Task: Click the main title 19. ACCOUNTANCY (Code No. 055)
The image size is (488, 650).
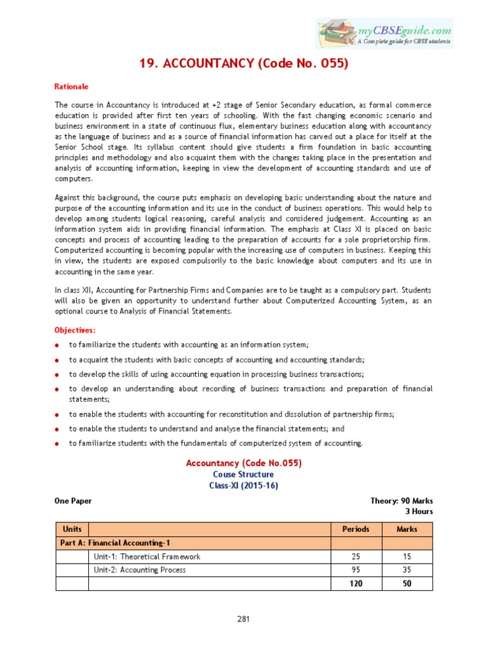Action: pyautogui.click(x=243, y=63)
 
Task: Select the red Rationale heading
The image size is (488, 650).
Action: pyautogui.click(x=71, y=86)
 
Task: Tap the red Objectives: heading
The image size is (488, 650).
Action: pyautogui.click(x=75, y=330)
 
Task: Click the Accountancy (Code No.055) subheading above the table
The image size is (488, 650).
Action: pyautogui.click(x=243, y=463)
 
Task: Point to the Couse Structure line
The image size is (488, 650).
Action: pyautogui.click(x=243, y=474)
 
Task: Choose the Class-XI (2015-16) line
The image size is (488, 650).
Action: pyautogui.click(x=243, y=486)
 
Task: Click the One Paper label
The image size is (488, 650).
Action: pyautogui.click(x=73, y=501)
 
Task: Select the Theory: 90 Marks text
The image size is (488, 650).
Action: pyautogui.click(x=402, y=501)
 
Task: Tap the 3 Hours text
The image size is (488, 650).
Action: pyautogui.click(x=419, y=511)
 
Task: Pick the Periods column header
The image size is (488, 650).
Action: pyautogui.click(x=355, y=529)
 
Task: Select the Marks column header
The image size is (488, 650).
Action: pyautogui.click(x=407, y=529)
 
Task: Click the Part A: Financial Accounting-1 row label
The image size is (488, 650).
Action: pyautogui.click(x=115, y=543)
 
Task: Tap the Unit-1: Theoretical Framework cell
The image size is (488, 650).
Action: pyautogui.click(x=147, y=557)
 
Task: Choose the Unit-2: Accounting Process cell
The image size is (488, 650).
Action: pyautogui.click(x=140, y=570)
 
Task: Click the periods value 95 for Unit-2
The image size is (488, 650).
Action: pyautogui.click(x=355, y=570)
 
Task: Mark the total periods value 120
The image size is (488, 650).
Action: pyautogui.click(x=355, y=583)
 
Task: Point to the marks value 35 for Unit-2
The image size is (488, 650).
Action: pyautogui.click(x=407, y=570)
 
